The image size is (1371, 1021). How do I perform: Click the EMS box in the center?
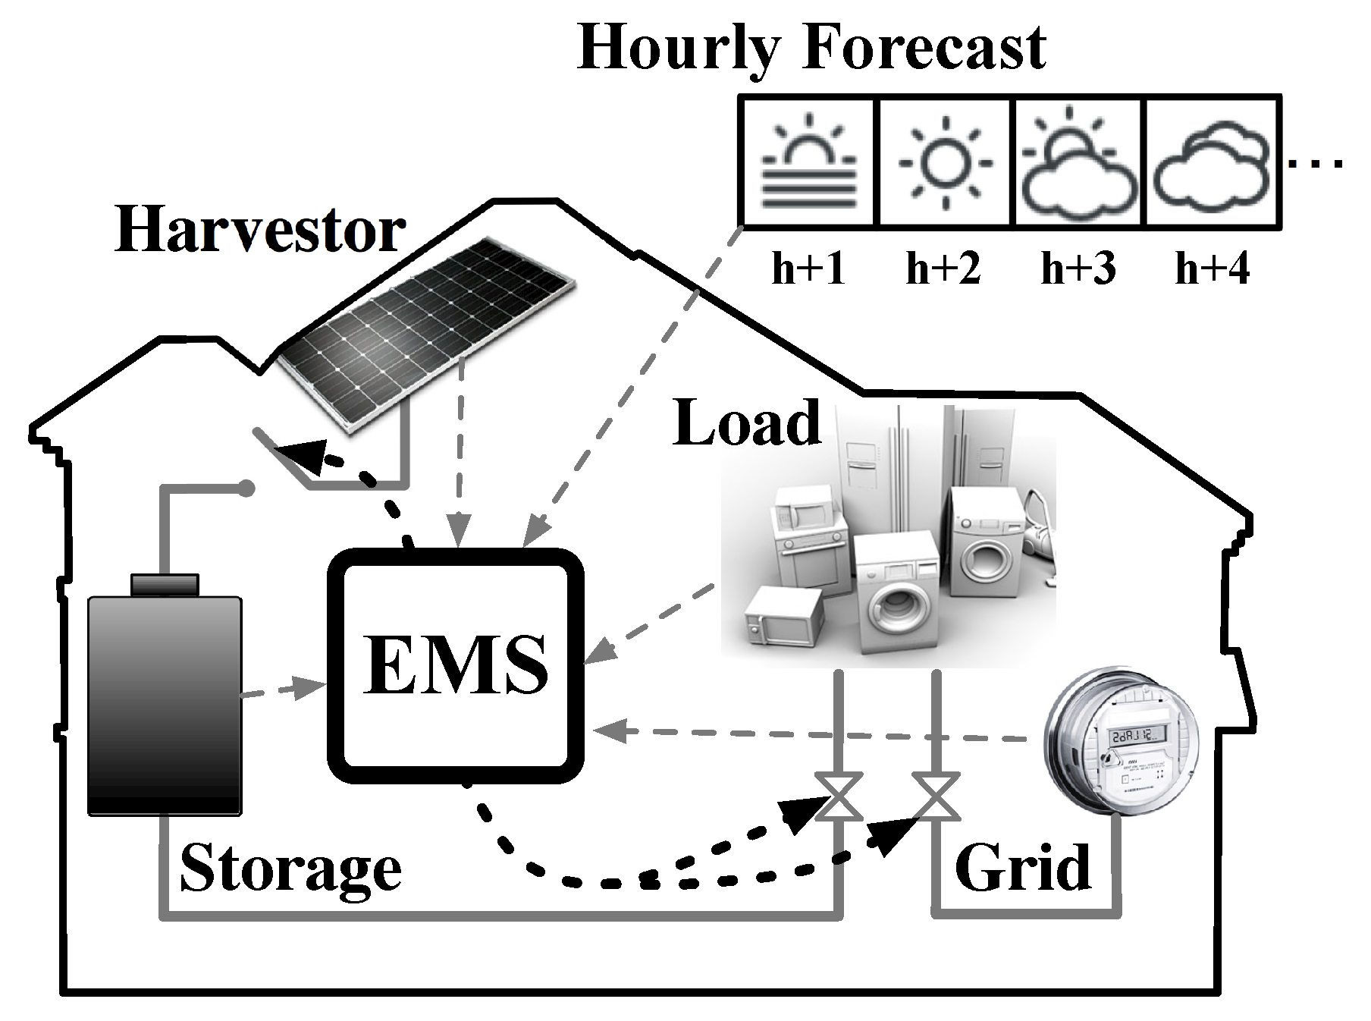(x=455, y=666)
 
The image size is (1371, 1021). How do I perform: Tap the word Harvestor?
(x=260, y=230)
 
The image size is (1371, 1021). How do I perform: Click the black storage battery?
(x=165, y=705)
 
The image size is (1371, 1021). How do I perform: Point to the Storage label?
(x=290, y=869)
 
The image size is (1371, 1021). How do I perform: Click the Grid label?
(x=1022, y=867)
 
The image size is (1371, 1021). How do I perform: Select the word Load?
(x=747, y=423)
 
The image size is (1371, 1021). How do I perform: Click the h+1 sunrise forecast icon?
(x=809, y=162)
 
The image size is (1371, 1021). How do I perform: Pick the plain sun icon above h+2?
(x=944, y=162)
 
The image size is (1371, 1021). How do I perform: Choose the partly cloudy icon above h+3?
(x=1078, y=162)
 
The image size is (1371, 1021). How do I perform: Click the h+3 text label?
(x=1078, y=268)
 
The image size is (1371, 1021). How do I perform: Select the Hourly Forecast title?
(x=811, y=47)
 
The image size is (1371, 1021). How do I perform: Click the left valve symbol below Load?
(x=838, y=796)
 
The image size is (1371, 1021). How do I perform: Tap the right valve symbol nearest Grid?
(x=936, y=796)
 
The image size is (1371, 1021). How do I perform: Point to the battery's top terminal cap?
(x=165, y=585)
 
